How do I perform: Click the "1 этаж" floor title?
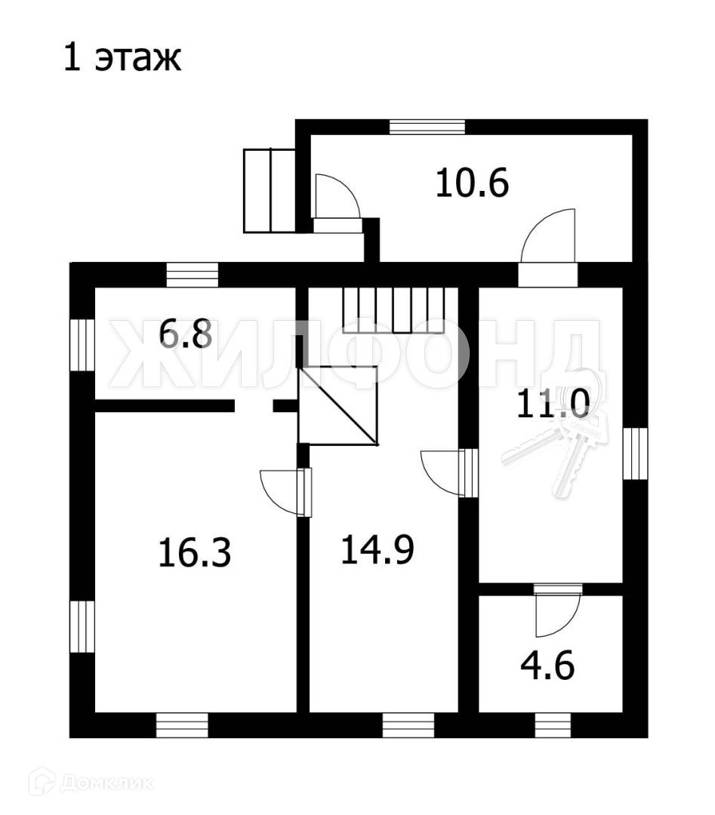(x=122, y=59)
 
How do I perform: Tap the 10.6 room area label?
(x=473, y=183)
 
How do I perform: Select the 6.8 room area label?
(x=186, y=334)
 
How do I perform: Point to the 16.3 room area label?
(x=194, y=553)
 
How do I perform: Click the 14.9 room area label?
(x=377, y=549)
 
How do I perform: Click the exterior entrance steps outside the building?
(x=269, y=190)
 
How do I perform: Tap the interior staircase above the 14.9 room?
(x=399, y=310)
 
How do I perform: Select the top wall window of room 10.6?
(x=427, y=127)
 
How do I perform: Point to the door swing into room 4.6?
(x=556, y=614)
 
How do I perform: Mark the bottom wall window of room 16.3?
(x=182, y=724)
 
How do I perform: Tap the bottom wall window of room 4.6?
(x=553, y=724)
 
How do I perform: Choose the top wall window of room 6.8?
(x=192, y=275)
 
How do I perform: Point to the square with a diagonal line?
(x=338, y=405)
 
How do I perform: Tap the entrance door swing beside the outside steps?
(x=335, y=198)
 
